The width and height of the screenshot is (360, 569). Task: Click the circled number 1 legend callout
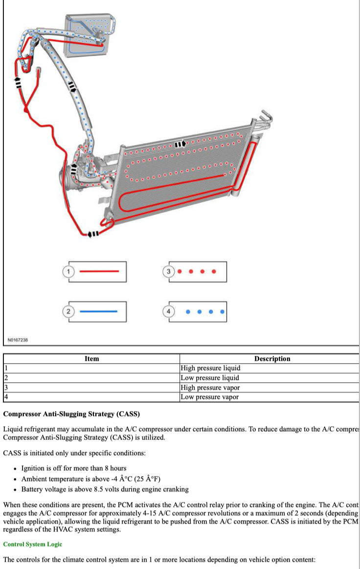69,271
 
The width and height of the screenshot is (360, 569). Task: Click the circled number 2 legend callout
69,311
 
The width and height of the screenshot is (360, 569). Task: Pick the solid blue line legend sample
98,311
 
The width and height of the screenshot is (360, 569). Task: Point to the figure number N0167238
18,339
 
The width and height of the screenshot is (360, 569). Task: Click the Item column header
91,359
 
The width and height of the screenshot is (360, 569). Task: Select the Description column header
272,359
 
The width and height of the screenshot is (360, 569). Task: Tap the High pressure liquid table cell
210,368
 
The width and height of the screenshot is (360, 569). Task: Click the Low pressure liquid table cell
210,378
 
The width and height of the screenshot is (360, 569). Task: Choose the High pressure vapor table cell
210,388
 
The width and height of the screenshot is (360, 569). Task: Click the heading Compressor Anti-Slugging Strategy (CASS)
71,414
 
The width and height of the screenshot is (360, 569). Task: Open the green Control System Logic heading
33,544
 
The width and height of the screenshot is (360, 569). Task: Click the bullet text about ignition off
74,468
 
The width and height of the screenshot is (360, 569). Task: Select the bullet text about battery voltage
105,489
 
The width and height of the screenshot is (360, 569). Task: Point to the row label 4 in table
6,397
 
